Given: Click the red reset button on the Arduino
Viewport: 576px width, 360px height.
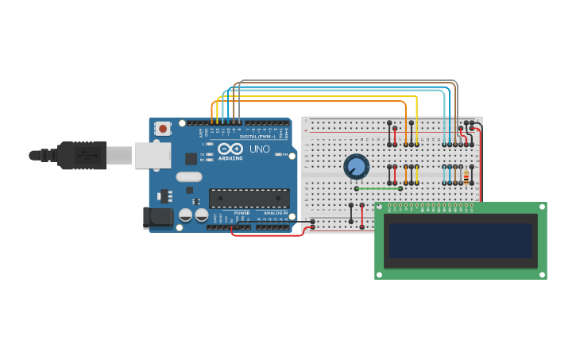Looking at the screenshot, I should click(163, 128).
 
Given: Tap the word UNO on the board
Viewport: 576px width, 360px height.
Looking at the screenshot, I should click(260, 149).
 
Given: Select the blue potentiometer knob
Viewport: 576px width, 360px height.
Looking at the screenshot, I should click(357, 167).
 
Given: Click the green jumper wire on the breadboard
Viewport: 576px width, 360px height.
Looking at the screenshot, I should click(377, 188).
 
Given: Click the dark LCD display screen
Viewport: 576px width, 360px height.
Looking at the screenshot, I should click(460, 241).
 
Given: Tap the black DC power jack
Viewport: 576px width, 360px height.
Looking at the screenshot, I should click(157, 218).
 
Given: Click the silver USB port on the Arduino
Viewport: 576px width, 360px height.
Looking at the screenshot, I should click(153, 155).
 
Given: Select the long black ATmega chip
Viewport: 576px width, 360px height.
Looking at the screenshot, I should click(249, 199).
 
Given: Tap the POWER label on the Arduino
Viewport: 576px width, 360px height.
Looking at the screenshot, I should click(242, 213).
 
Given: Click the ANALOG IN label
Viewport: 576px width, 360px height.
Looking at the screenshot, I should click(274, 213).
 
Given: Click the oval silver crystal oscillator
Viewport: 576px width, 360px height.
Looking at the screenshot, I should click(189, 177).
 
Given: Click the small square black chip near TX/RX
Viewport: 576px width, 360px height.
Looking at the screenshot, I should click(191, 158).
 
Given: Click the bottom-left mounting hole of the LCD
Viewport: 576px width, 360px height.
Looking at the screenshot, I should click(381, 273).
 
